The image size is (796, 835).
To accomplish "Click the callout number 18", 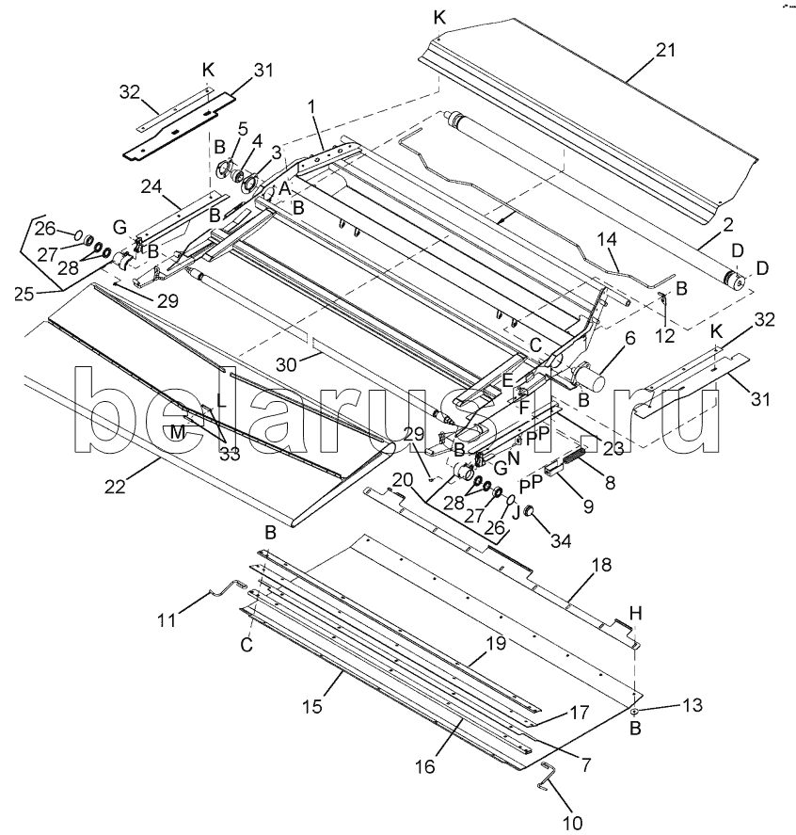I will click(600, 566).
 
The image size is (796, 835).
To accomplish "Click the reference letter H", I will click(636, 613).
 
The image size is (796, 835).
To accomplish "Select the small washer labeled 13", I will click(636, 710).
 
